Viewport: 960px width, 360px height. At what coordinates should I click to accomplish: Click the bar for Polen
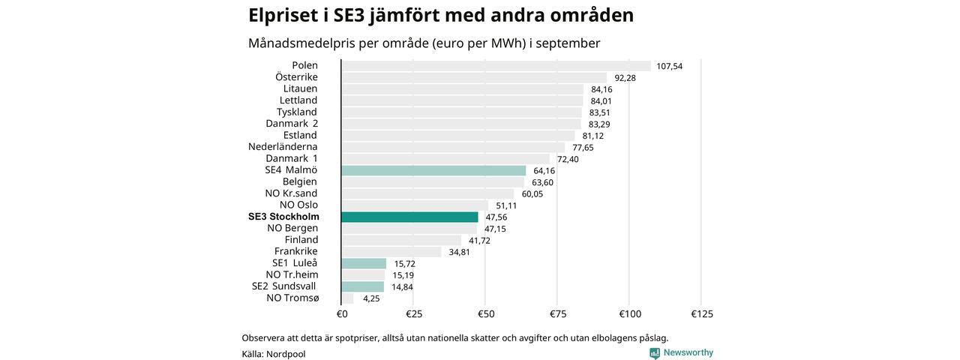[x=496, y=66]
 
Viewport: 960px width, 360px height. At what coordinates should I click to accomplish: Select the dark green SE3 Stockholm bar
[x=409, y=217]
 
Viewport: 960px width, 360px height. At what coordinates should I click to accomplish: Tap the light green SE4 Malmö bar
[x=433, y=170]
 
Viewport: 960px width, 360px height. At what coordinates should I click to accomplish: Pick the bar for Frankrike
[x=391, y=251]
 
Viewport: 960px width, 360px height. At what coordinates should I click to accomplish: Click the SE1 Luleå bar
[x=364, y=263]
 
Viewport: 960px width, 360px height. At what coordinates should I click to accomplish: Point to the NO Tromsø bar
[x=347, y=298]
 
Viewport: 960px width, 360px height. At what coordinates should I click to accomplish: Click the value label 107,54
[x=669, y=66]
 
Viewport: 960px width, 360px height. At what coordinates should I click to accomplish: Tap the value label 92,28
[x=625, y=77]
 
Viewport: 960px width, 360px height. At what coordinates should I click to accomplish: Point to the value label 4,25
[x=371, y=298]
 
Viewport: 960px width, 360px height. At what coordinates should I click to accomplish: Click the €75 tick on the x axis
[x=556, y=313]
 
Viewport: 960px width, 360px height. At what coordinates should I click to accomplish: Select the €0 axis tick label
[x=342, y=313]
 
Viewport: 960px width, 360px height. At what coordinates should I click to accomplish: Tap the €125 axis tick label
[x=701, y=313]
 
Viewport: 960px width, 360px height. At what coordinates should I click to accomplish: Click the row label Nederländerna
[x=283, y=147]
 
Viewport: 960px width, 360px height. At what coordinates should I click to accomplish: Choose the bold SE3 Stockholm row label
[x=283, y=217]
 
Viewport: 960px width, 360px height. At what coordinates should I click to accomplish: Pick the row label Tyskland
[x=297, y=112]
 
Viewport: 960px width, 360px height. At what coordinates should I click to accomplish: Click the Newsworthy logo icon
[x=655, y=353]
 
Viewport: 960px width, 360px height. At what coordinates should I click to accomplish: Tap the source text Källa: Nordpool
[x=274, y=354]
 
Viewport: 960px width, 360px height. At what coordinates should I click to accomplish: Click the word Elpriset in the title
[x=288, y=15]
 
